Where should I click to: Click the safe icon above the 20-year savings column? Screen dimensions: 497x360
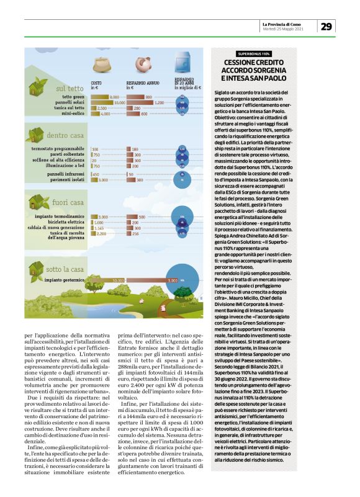[x=184, y=64]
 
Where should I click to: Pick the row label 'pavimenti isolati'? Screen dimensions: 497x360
[x=68, y=179]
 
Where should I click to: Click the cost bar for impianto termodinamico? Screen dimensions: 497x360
[x=100, y=217]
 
